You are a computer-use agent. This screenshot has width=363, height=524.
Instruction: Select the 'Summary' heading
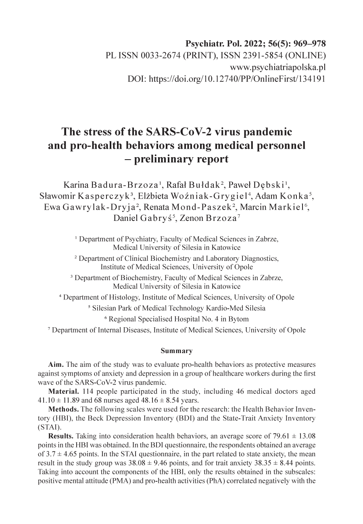click(177, 351)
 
